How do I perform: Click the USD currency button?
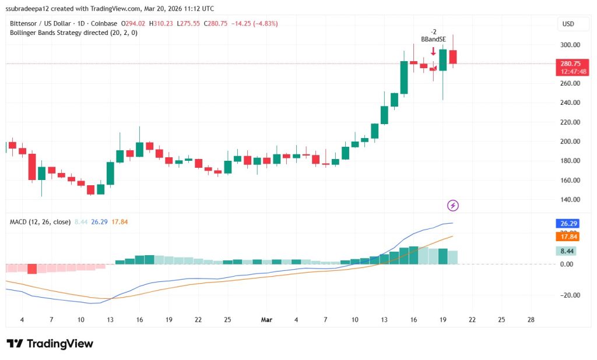coord(567,24)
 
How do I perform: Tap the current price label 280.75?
coord(570,63)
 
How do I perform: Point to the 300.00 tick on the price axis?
coord(570,45)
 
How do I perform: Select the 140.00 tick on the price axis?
coord(570,199)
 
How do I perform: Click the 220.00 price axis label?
coord(570,122)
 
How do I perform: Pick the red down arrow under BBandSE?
coord(433,52)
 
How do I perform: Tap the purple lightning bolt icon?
coord(453,205)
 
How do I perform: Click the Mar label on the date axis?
coord(266,320)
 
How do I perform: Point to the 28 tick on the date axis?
coord(530,320)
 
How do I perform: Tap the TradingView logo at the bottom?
coord(50,344)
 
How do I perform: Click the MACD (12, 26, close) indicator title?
coord(40,222)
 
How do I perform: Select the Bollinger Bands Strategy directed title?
coord(73,33)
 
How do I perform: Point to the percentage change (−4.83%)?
coord(263,24)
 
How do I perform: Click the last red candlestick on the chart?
coord(453,57)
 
